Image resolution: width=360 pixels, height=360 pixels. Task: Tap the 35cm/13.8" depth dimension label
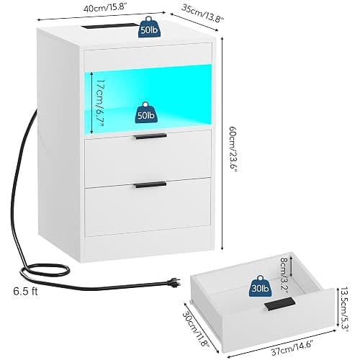coord(202,13)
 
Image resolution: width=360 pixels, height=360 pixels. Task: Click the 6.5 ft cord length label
coord(25,291)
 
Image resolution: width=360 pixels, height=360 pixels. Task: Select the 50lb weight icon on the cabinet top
coord(149,27)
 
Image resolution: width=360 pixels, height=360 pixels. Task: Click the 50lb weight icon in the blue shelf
coord(145,112)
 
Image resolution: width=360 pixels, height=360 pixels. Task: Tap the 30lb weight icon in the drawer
coord(260,286)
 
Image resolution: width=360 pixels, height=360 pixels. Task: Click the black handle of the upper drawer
coord(150,136)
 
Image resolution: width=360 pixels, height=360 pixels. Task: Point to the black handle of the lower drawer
coord(150,184)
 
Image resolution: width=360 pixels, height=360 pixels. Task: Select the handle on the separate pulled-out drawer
coord(280,305)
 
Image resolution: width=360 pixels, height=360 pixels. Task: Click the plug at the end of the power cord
coord(174,283)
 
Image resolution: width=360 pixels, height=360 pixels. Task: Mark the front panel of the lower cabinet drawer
coord(148,207)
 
